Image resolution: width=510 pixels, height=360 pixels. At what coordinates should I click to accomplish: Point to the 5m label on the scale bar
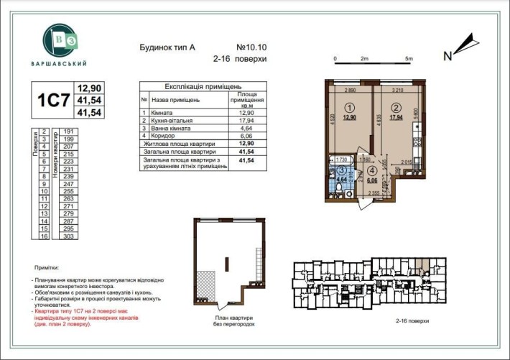click(x=409, y=58)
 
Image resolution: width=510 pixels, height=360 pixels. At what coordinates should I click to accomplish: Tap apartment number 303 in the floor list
click(x=70, y=236)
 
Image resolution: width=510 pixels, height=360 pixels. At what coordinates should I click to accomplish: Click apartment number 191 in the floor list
click(x=70, y=132)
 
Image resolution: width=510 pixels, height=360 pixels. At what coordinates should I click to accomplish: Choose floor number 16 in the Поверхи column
click(x=45, y=236)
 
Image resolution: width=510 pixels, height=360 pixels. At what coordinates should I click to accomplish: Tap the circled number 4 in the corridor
click(x=372, y=171)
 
